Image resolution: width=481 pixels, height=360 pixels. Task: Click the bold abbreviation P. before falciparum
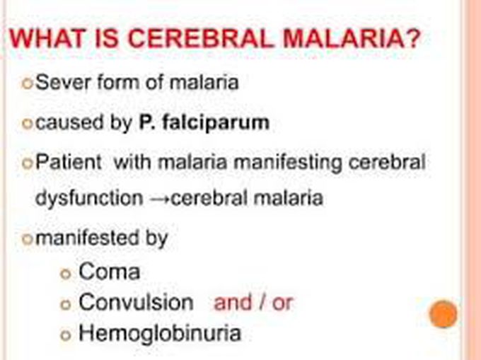coord(152,122)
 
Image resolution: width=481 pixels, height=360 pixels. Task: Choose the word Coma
coord(110,272)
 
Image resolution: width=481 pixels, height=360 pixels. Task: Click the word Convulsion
coord(136,303)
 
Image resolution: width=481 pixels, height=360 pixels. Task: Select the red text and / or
coord(253,303)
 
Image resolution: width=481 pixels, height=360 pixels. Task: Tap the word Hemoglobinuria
coord(160,333)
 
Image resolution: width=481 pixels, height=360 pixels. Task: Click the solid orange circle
coord(444,314)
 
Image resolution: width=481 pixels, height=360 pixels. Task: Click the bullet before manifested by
coord(28,239)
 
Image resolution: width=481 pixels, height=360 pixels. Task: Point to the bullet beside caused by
coord(28,124)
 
